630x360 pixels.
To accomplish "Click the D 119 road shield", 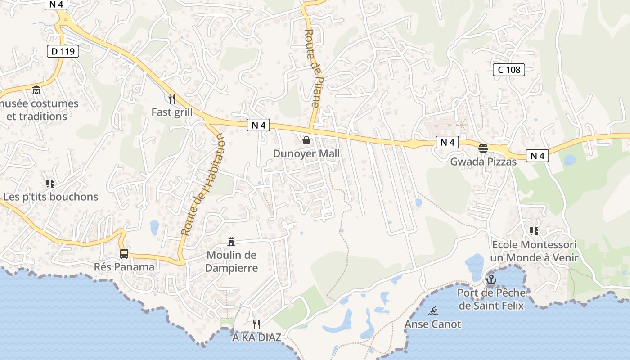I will [x=63, y=51].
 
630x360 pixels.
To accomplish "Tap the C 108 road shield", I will [x=509, y=69].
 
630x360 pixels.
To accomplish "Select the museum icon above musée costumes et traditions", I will [x=36, y=90].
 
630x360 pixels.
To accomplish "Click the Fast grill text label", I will [x=172, y=112].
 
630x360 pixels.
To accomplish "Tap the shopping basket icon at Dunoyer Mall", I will [x=306, y=140].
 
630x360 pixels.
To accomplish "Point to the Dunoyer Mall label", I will [x=306, y=153].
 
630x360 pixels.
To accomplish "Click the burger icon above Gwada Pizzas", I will [x=483, y=148].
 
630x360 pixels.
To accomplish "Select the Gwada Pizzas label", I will [x=483, y=162].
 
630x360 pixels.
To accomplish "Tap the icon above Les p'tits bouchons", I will [x=50, y=183].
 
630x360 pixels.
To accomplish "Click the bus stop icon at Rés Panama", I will [x=124, y=253].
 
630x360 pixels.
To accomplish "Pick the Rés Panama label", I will [x=124, y=266].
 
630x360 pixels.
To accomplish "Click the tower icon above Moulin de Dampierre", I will [x=231, y=242].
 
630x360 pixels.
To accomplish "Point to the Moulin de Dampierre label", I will [x=231, y=261].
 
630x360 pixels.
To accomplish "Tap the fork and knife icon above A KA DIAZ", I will [x=256, y=324].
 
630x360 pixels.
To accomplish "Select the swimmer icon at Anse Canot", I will [x=433, y=311].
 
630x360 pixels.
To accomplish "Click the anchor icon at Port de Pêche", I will [x=491, y=280].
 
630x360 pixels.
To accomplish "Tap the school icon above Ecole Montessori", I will [x=534, y=231].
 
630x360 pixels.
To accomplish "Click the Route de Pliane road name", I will [x=311, y=68].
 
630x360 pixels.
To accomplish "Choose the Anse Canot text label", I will [x=433, y=324].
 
